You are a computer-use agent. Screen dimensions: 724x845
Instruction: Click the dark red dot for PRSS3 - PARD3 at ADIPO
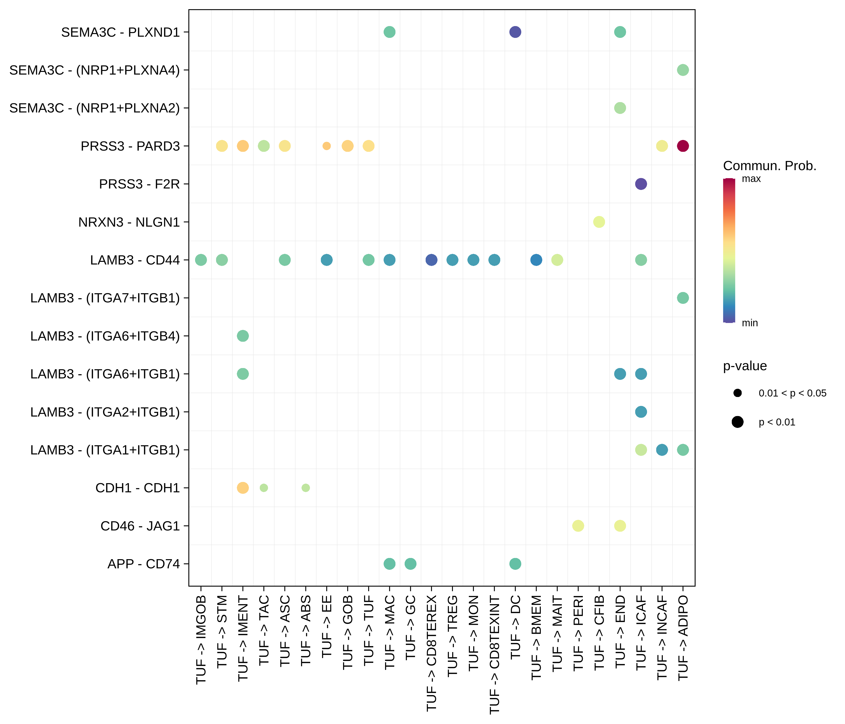click(683, 146)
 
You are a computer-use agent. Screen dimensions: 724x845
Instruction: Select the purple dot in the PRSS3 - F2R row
click(641, 184)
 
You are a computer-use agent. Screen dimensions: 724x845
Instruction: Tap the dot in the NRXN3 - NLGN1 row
click(599, 222)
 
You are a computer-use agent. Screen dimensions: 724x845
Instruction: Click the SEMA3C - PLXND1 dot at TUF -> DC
click(515, 32)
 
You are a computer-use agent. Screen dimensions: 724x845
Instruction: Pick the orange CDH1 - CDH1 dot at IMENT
click(243, 487)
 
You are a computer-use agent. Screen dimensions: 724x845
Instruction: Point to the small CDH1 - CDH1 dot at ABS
click(305, 487)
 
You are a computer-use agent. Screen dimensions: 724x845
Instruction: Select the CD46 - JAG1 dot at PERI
click(578, 526)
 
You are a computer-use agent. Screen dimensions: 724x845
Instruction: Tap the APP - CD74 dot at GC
click(410, 564)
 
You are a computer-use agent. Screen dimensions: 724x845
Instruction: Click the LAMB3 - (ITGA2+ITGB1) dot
click(641, 412)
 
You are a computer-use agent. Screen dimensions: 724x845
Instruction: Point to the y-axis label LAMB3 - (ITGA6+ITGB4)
click(105, 336)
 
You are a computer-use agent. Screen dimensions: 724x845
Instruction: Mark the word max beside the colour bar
click(751, 179)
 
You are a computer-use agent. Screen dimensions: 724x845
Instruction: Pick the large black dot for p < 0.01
click(737, 422)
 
